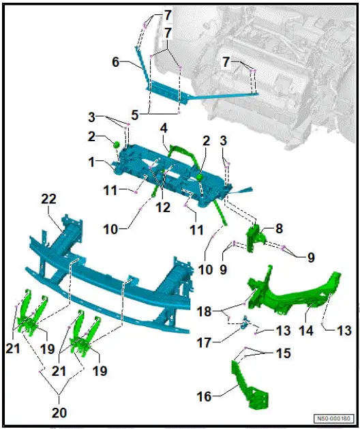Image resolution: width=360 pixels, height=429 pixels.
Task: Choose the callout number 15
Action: [283, 354]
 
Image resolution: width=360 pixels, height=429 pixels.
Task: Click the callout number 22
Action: [48, 198]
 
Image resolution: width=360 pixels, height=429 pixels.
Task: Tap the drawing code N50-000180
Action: [332, 419]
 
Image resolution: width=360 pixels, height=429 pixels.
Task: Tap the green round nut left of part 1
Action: [117, 144]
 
